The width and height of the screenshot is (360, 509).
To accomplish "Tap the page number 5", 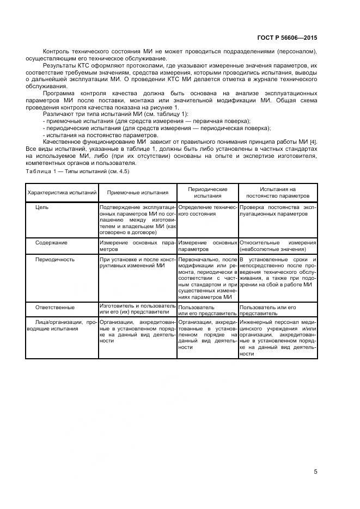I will [315, 471].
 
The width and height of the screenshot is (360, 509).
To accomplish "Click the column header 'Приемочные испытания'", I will [137, 192].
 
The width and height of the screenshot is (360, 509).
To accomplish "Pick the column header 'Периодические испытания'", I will [207, 192].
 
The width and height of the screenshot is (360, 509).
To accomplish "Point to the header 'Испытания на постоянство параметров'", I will [278, 192].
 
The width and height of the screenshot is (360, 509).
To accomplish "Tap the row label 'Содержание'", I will [51, 243].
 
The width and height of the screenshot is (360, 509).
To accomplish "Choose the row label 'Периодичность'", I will [54, 260].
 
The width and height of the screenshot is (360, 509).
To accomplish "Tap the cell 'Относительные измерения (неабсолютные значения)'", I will [278, 246].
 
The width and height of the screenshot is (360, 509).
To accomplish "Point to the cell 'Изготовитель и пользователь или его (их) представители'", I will [137, 310].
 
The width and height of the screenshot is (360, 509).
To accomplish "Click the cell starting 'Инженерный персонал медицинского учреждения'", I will [278, 338].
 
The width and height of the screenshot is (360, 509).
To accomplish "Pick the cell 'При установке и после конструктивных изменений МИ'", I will [137, 263].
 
